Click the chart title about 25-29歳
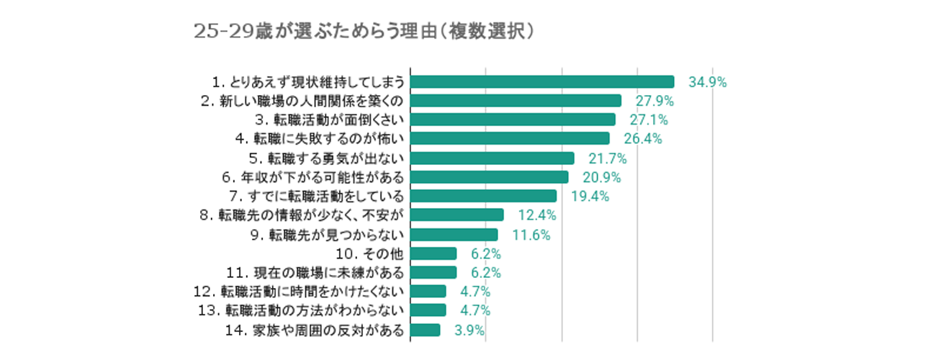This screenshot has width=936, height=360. click(x=364, y=32)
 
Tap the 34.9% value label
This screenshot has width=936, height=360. click(x=707, y=82)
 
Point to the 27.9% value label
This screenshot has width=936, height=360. click(x=653, y=101)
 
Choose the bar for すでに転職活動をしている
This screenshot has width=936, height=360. click(x=483, y=197)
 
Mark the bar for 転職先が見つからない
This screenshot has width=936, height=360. click(x=454, y=235)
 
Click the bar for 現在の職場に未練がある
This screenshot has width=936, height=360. click(x=433, y=272)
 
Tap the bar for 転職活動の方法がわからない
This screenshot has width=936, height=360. click(x=428, y=310)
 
